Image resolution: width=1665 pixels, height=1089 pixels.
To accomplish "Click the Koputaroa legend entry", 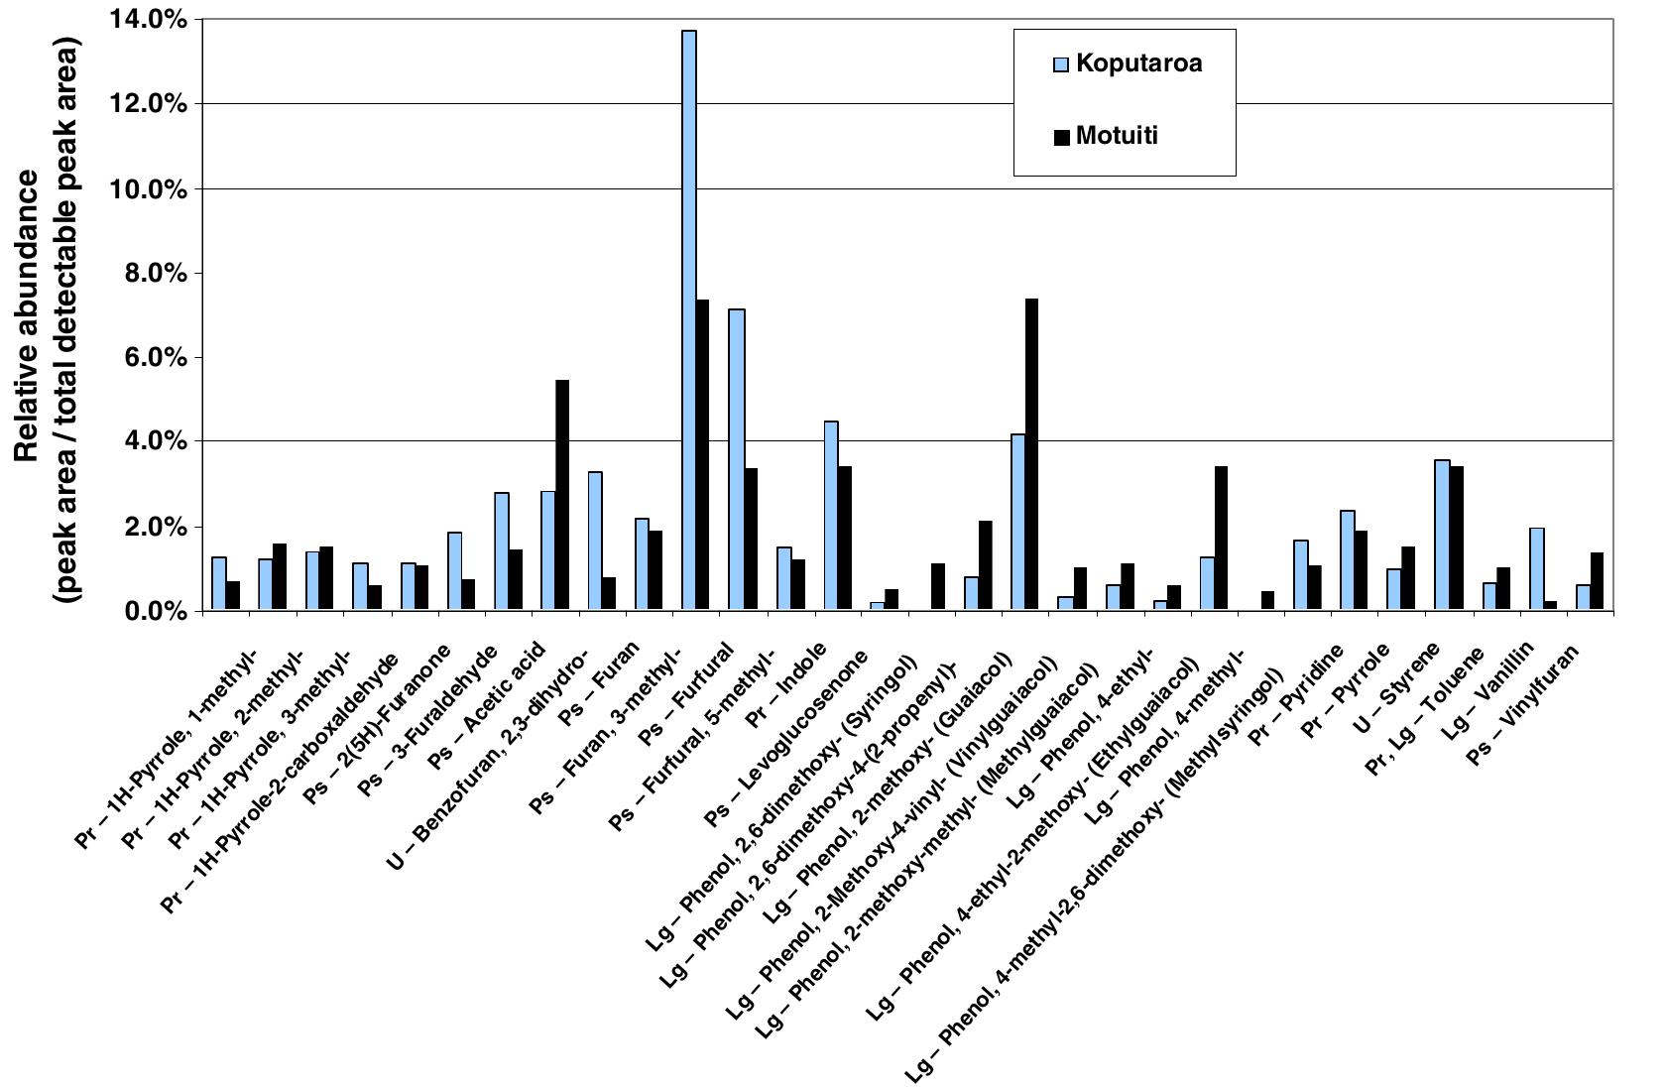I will point(1138,63).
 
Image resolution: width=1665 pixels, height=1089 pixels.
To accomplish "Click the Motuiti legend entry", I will point(1116,136).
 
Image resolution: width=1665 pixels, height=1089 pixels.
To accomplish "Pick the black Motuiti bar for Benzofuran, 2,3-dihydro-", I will point(562,495).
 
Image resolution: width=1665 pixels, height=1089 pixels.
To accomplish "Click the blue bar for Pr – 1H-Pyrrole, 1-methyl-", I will point(218,584).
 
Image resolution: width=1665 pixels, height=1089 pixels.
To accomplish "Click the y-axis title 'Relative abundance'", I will point(27,315).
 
